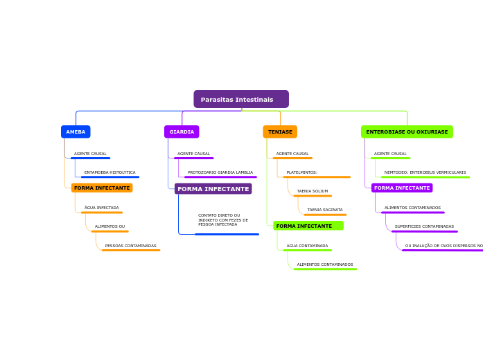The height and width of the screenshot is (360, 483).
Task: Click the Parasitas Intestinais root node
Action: [240, 100]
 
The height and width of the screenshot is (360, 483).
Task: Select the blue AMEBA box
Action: [76, 132]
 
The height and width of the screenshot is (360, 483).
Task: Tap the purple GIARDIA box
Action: [182, 132]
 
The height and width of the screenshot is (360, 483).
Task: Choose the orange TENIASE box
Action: [280, 132]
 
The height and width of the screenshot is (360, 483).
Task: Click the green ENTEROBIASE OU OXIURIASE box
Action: [407, 132]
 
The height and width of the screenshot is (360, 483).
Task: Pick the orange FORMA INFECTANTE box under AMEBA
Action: [102, 188]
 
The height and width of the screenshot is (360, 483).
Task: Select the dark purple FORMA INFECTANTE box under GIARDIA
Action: [213, 188]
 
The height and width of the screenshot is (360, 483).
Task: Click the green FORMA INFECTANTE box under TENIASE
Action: [308, 226]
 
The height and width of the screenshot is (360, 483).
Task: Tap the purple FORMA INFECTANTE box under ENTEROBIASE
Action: [402, 188]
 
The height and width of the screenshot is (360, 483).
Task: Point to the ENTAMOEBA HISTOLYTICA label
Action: [109, 172]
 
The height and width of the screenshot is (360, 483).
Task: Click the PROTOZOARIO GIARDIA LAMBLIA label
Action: [220, 172]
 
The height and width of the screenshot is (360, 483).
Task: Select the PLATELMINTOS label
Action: [301, 172]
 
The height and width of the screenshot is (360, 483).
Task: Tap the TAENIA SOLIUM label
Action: [313, 191]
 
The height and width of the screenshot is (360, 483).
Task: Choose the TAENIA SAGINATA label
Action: [325, 210]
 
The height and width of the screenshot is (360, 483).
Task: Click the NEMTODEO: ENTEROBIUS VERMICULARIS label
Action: [425, 172]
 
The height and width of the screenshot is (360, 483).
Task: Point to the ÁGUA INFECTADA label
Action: [101, 208]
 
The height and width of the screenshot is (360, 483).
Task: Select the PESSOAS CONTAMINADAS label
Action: [130, 246]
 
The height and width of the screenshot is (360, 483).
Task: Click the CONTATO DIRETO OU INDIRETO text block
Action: [222, 219]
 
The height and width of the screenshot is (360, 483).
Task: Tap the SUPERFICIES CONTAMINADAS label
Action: [424, 226]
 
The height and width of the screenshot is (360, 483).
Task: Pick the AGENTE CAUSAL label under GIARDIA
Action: [193, 154]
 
